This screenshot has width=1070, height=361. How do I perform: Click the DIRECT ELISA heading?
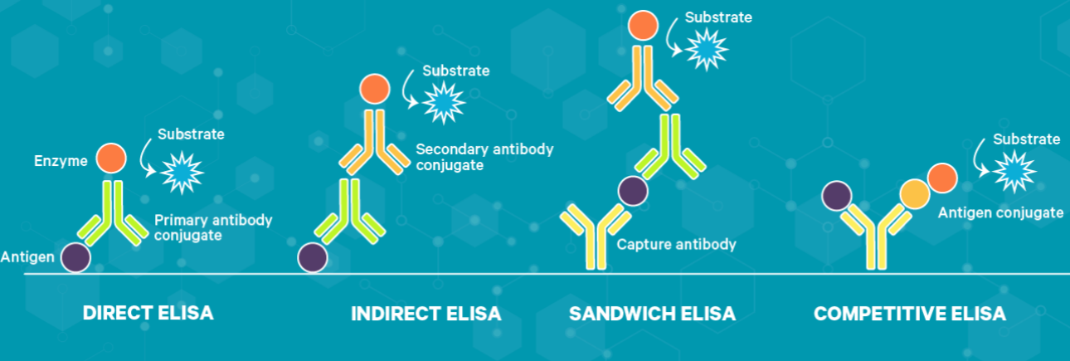pos(148,314)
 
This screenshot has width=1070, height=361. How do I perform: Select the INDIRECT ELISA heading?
pos(426,315)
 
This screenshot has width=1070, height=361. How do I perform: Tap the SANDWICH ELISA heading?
pos(652,315)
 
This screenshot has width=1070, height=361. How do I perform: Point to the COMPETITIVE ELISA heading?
pos(909,315)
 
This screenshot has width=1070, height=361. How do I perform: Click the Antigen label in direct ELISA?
pos(27,257)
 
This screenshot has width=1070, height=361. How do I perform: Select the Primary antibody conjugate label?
pos(213,228)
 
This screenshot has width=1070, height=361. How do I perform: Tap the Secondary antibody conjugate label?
pos(484,157)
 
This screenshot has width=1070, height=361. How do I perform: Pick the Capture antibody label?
pos(676,245)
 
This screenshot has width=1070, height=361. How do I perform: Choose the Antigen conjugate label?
pos(1000,213)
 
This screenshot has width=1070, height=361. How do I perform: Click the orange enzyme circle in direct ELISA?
pos(111,158)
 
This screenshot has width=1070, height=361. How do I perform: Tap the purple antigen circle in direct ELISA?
pos(76,257)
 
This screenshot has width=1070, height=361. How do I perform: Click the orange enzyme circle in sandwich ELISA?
pos(643,25)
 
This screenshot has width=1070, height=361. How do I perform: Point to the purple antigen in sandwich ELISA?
pos(633,191)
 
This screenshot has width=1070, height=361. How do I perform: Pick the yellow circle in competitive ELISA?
pos(913,195)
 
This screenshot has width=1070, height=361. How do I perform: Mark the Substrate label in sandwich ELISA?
pos(718,17)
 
